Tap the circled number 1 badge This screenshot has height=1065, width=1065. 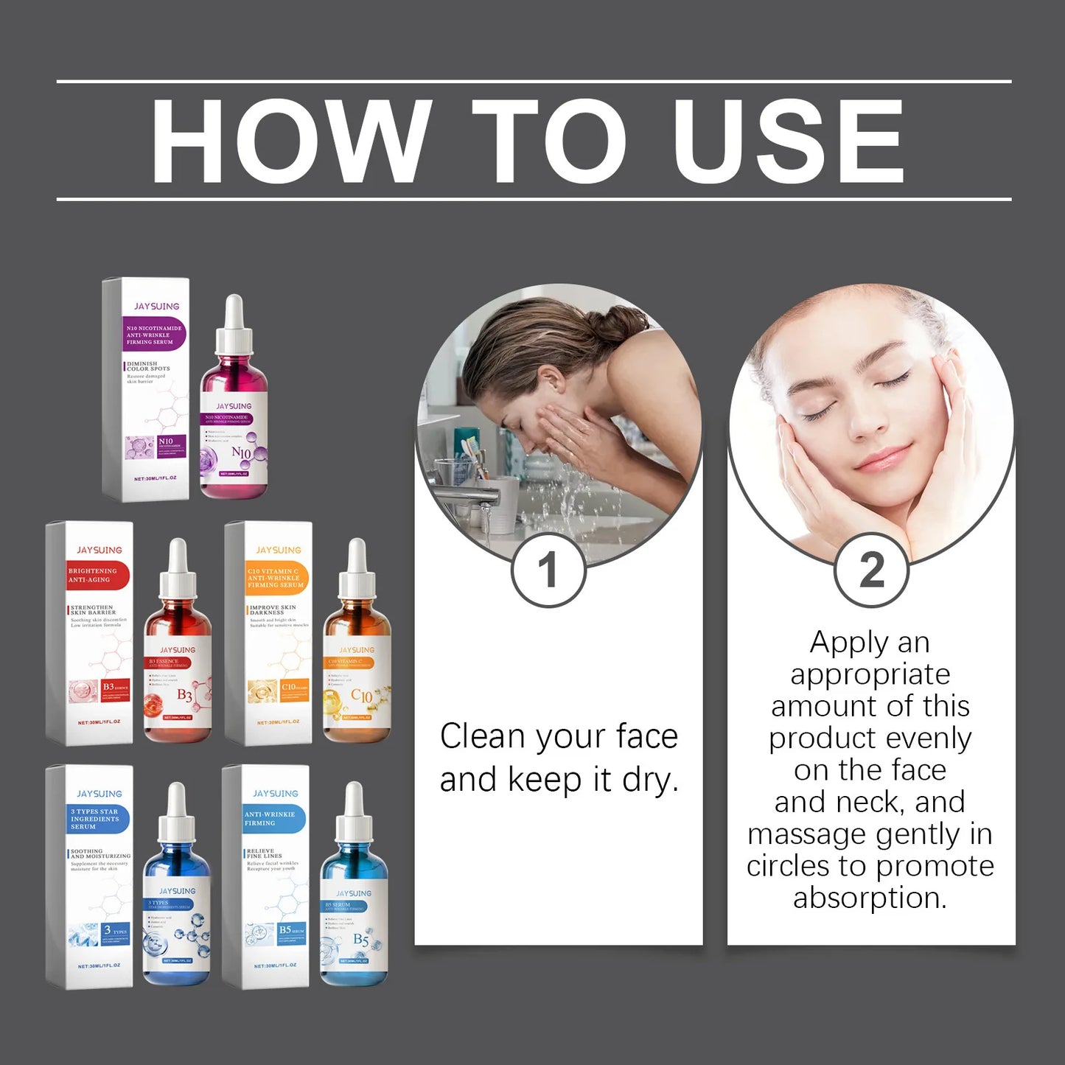coord(548,570)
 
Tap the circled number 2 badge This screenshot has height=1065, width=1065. coord(871,570)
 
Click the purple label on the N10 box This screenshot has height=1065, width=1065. coord(153,335)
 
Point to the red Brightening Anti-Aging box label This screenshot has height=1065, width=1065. coord(97,576)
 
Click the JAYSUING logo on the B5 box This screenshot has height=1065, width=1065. coord(275,794)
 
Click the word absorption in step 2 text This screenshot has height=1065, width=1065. coord(870,898)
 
